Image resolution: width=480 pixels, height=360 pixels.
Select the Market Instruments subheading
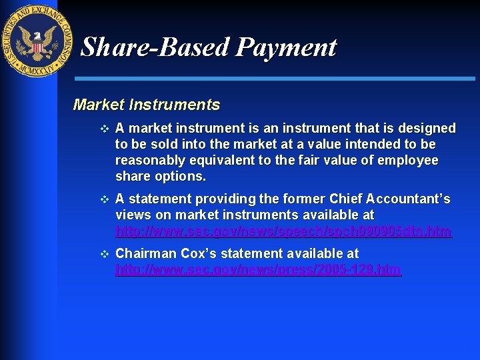point(146,105)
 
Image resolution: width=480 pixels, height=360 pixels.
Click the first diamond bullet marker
point(103,129)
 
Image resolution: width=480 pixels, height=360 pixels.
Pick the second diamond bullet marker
point(103,200)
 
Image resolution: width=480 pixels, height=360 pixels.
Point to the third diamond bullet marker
point(103,254)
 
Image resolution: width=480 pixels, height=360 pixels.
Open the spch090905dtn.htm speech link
point(283,232)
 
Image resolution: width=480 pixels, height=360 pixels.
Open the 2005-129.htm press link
point(258,270)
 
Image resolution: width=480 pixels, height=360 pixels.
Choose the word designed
point(426,128)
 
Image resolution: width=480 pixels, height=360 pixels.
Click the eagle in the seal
point(37,41)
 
